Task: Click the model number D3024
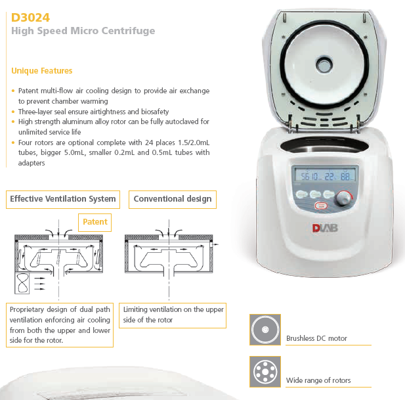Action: (x=30, y=18)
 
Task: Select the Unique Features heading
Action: (x=41, y=70)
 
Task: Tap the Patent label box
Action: (x=95, y=222)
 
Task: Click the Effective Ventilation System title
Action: (x=63, y=199)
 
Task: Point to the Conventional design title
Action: (x=173, y=199)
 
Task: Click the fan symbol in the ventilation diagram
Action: (x=22, y=283)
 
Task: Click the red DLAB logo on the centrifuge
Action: (x=325, y=228)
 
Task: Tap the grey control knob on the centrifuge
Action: (x=344, y=198)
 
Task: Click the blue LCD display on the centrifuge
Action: (x=325, y=176)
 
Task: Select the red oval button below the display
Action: (x=321, y=206)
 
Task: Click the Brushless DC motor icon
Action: (x=265, y=330)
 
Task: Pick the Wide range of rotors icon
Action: (x=265, y=372)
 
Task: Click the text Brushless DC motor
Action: (x=316, y=338)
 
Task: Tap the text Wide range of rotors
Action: (x=318, y=380)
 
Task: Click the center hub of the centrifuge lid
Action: (x=324, y=65)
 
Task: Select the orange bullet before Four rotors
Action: (x=13, y=143)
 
